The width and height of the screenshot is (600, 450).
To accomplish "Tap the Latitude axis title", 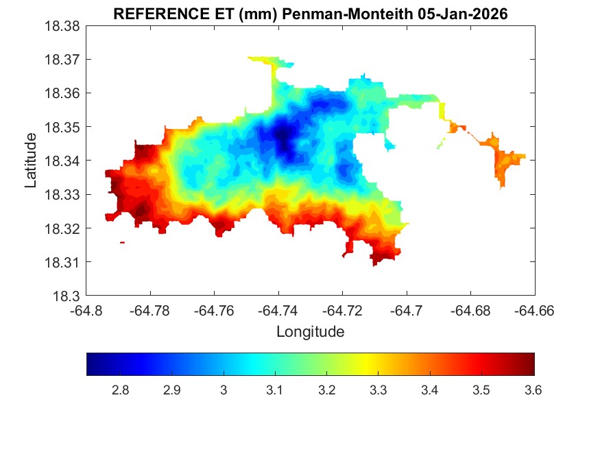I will [x=31, y=161].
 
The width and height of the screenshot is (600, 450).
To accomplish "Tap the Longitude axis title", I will [x=310, y=332].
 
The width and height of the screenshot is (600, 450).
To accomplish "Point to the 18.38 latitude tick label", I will [x=63, y=26].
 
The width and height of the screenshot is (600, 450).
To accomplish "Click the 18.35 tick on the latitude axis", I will [x=63, y=128].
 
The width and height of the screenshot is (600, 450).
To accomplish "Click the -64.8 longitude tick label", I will [x=87, y=310].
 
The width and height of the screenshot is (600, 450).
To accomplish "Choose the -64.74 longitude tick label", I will [x=278, y=310].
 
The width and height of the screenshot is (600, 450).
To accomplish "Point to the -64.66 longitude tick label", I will [x=535, y=310].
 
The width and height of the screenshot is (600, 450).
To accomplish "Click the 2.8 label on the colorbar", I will [x=120, y=390].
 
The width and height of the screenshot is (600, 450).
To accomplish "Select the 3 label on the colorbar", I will [x=224, y=390].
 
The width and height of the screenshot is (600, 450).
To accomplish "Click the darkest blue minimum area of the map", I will [x=283, y=137].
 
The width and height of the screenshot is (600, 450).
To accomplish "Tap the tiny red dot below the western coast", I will [x=122, y=242].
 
